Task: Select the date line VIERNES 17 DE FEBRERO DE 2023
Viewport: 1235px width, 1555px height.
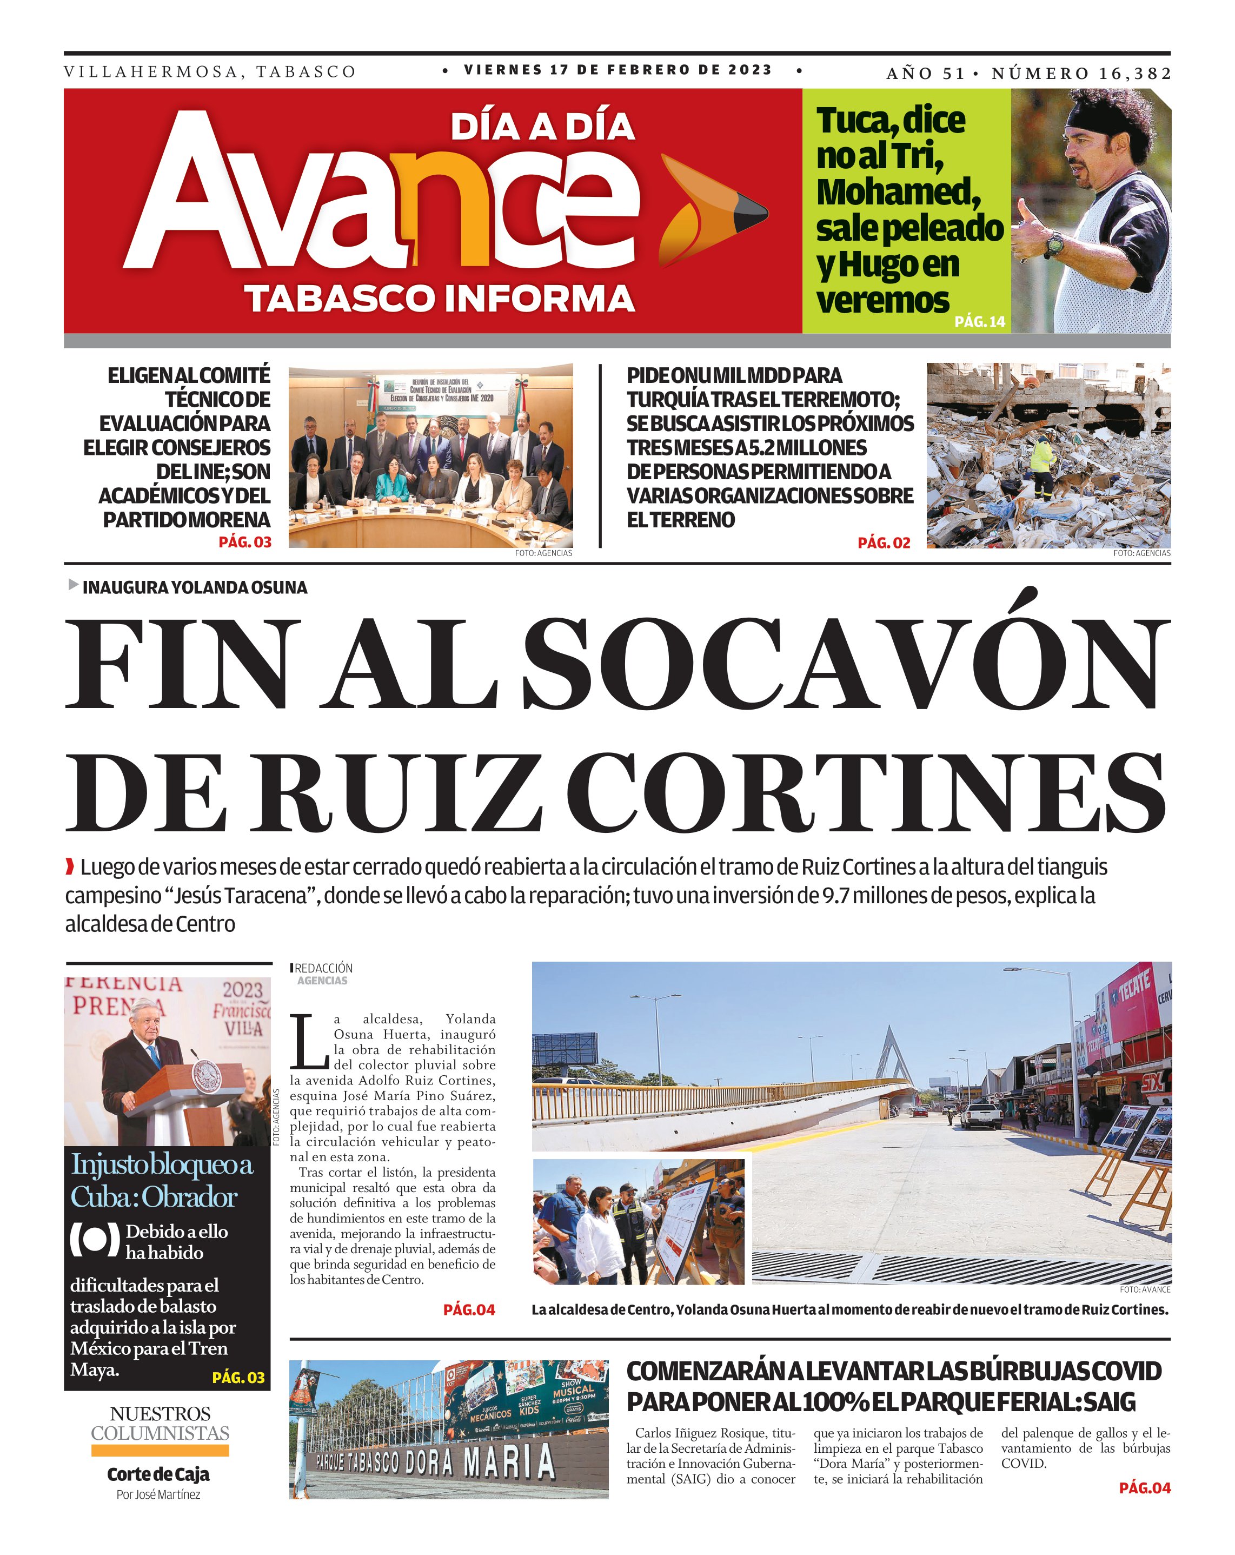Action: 618,70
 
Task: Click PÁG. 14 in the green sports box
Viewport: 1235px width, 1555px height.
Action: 979,322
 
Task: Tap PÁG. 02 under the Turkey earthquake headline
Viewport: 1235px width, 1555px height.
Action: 883,543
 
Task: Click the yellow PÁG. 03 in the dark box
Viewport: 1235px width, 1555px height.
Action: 238,1378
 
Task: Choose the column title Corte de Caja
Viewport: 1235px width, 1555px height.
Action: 158,1474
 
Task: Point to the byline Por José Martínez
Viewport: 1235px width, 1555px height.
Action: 158,1494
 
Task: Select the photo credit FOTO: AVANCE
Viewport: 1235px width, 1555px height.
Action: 1145,1289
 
